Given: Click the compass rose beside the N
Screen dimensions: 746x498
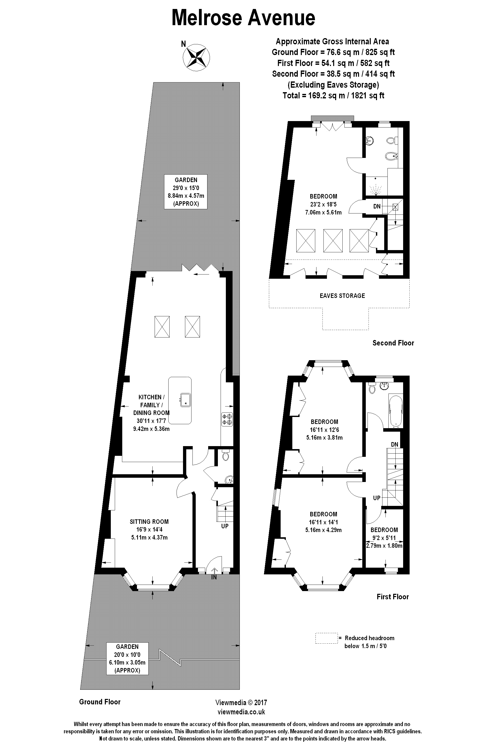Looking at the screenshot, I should [x=196, y=57].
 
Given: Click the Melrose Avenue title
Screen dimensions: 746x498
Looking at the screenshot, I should [x=243, y=17].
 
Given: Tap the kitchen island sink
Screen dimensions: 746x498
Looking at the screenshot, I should [x=185, y=400].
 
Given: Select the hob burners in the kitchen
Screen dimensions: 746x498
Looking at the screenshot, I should [x=227, y=419].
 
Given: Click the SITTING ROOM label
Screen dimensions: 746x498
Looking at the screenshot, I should [x=149, y=522].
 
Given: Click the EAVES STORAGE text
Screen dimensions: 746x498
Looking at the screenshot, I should [x=342, y=296].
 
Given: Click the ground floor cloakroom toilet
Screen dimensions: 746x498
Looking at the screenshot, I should [x=226, y=456].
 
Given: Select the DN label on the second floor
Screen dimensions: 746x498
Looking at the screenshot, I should [x=377, y=206].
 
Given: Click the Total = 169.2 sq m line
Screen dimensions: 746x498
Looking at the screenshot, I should [x=333, y=95].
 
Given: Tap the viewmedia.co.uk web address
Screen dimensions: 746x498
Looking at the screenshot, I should [x=241, y=712].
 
